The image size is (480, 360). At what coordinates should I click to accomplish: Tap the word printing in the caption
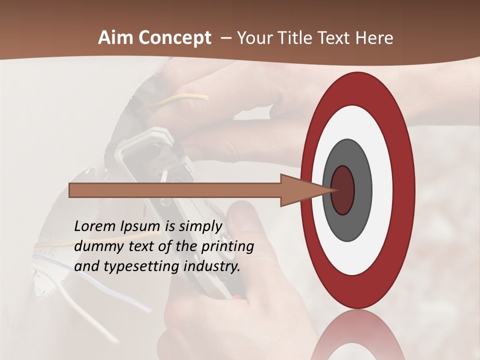tap(227, 246)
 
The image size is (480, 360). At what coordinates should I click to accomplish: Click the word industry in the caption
tap(212, 266)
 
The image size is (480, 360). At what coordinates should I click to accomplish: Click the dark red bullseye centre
tap(343, 190)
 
